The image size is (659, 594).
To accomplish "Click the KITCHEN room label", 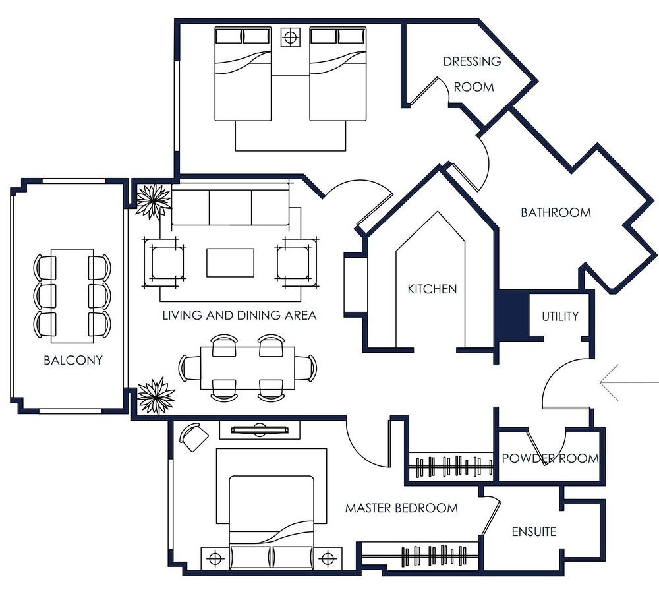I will point(432,289).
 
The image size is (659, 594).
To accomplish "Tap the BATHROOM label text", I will point(556,212).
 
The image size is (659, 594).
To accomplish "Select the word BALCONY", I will point(73,361).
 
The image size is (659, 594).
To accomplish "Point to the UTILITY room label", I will point(560,316).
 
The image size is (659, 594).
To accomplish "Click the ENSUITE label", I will point(534,531).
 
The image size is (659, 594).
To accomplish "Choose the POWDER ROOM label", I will point(550,458).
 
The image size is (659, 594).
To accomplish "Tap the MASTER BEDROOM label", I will point(401,508).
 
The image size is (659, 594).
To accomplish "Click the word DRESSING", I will point(472,61).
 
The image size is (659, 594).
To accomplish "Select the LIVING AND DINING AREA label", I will point(239,316).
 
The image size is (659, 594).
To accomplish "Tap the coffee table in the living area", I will point(230,262).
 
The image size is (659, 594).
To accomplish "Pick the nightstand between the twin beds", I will point(290,37).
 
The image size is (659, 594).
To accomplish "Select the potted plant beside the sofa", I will point(153,200).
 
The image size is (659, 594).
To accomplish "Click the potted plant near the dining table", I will point(156,396).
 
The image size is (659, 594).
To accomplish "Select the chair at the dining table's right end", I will point(306,368).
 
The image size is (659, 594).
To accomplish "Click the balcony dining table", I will point(72,295).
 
